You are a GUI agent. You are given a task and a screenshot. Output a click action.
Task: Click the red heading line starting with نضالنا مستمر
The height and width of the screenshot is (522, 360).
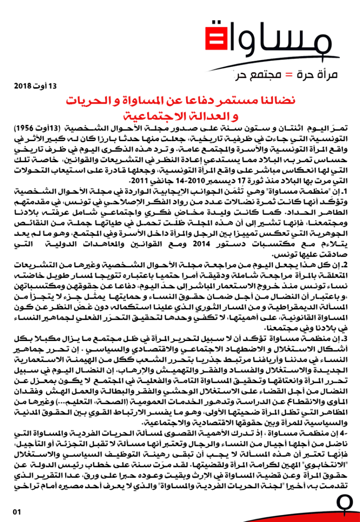180,101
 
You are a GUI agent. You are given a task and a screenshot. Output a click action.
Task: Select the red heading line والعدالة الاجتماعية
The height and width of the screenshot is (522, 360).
180,116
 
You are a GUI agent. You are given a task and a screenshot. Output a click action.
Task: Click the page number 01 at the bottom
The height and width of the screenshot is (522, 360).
17,512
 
